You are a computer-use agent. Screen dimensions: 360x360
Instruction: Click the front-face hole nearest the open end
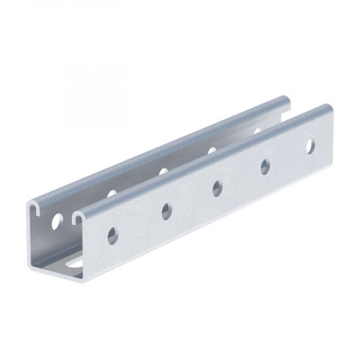click(112, 235)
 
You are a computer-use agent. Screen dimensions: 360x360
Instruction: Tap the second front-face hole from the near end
click(166, 211)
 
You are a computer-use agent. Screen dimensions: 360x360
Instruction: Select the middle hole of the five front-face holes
click(218, 187)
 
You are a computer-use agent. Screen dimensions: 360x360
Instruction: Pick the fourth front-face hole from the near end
click(265, 166)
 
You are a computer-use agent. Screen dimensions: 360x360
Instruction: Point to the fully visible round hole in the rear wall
click(58, 219)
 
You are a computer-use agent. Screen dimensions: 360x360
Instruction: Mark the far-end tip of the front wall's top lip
click(327, 109)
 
